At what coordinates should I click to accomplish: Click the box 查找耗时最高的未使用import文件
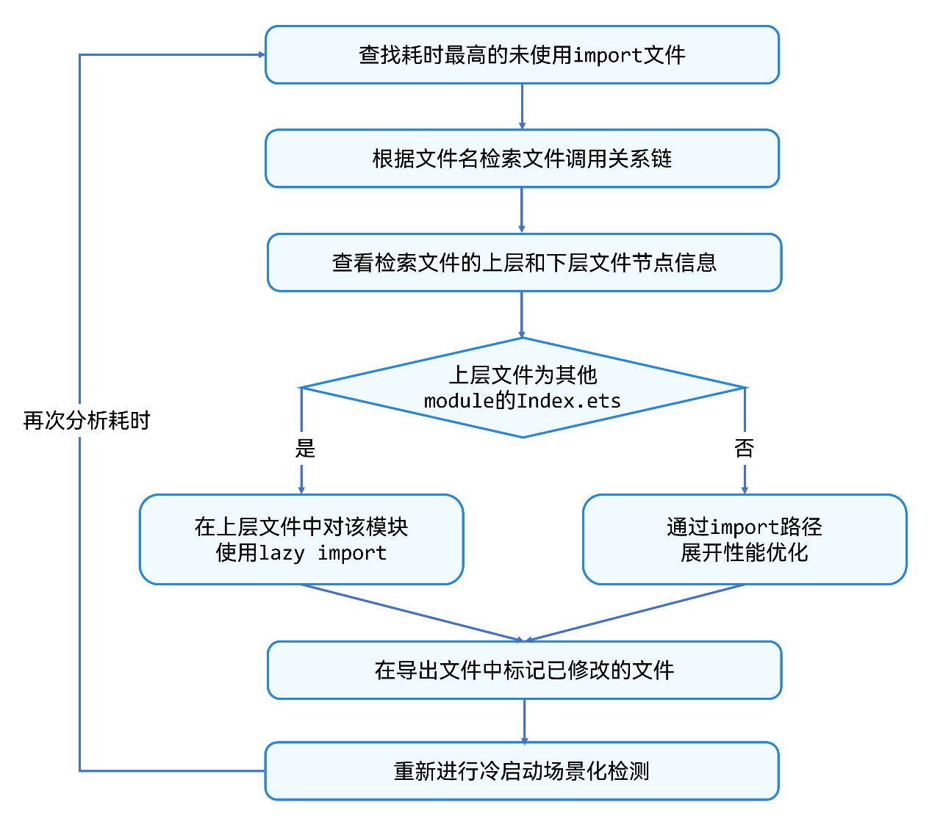(522, 54)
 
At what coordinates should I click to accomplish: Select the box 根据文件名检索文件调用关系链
(522, 159)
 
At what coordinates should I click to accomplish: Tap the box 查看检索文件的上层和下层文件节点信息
(524, 262)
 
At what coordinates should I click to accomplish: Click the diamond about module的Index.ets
(523, 388)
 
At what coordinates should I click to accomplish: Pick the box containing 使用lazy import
(301, 540)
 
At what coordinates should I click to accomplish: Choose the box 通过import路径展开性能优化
(745, 540)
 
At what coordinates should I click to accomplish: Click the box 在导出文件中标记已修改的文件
(524, 670)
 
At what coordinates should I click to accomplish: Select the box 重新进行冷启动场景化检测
(522, 771)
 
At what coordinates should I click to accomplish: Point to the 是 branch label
(305, 448)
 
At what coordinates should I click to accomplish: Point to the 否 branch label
(745, 448)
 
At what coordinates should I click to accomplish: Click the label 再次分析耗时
(87, 421)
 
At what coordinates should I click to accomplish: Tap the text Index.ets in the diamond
(569, 401)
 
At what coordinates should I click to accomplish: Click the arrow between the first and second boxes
(522, 106)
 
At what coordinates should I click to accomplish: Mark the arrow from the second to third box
(522, 211)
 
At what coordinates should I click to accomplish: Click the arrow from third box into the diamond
(522, 315)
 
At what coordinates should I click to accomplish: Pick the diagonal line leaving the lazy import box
(412, 612)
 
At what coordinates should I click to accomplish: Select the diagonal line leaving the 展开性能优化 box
(635, 612)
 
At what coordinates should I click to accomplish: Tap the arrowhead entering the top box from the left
(262, 54)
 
